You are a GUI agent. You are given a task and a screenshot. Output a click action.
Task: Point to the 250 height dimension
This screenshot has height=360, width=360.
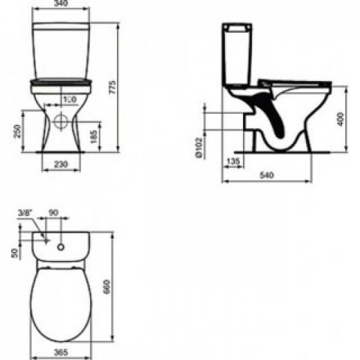[18, 130]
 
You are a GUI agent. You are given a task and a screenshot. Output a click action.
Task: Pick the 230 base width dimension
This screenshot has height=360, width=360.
[59, 163]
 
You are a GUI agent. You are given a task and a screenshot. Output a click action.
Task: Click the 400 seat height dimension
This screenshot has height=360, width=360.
[340, 118]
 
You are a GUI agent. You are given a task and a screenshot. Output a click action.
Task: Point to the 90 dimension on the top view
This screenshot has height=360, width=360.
[53, 212]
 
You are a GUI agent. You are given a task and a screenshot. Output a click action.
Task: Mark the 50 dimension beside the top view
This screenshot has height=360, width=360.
[15, 252]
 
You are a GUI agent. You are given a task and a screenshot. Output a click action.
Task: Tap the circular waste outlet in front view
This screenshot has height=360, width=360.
[60, 119]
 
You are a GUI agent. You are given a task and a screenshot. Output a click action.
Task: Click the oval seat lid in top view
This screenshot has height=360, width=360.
[60, 300]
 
